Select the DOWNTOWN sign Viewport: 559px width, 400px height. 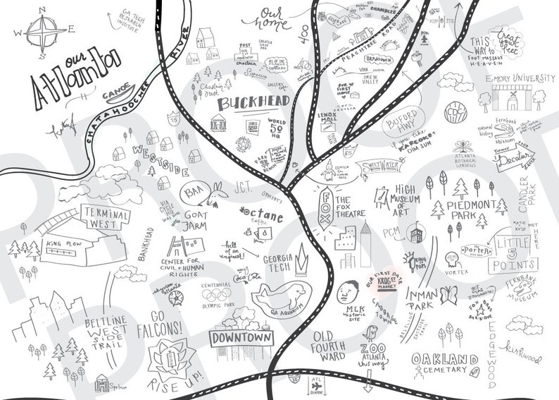point(242,339)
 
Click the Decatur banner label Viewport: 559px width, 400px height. point(517,162)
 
